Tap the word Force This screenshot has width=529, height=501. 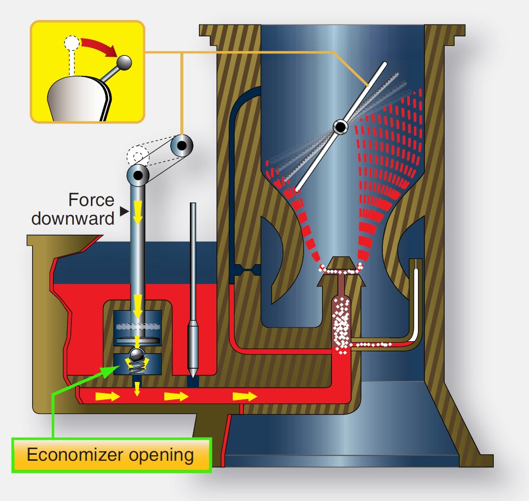91,201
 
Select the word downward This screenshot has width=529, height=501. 73,219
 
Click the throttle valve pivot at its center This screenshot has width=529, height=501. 341,127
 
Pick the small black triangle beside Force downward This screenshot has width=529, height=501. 121,212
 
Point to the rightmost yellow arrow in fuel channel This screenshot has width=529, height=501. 244,397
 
